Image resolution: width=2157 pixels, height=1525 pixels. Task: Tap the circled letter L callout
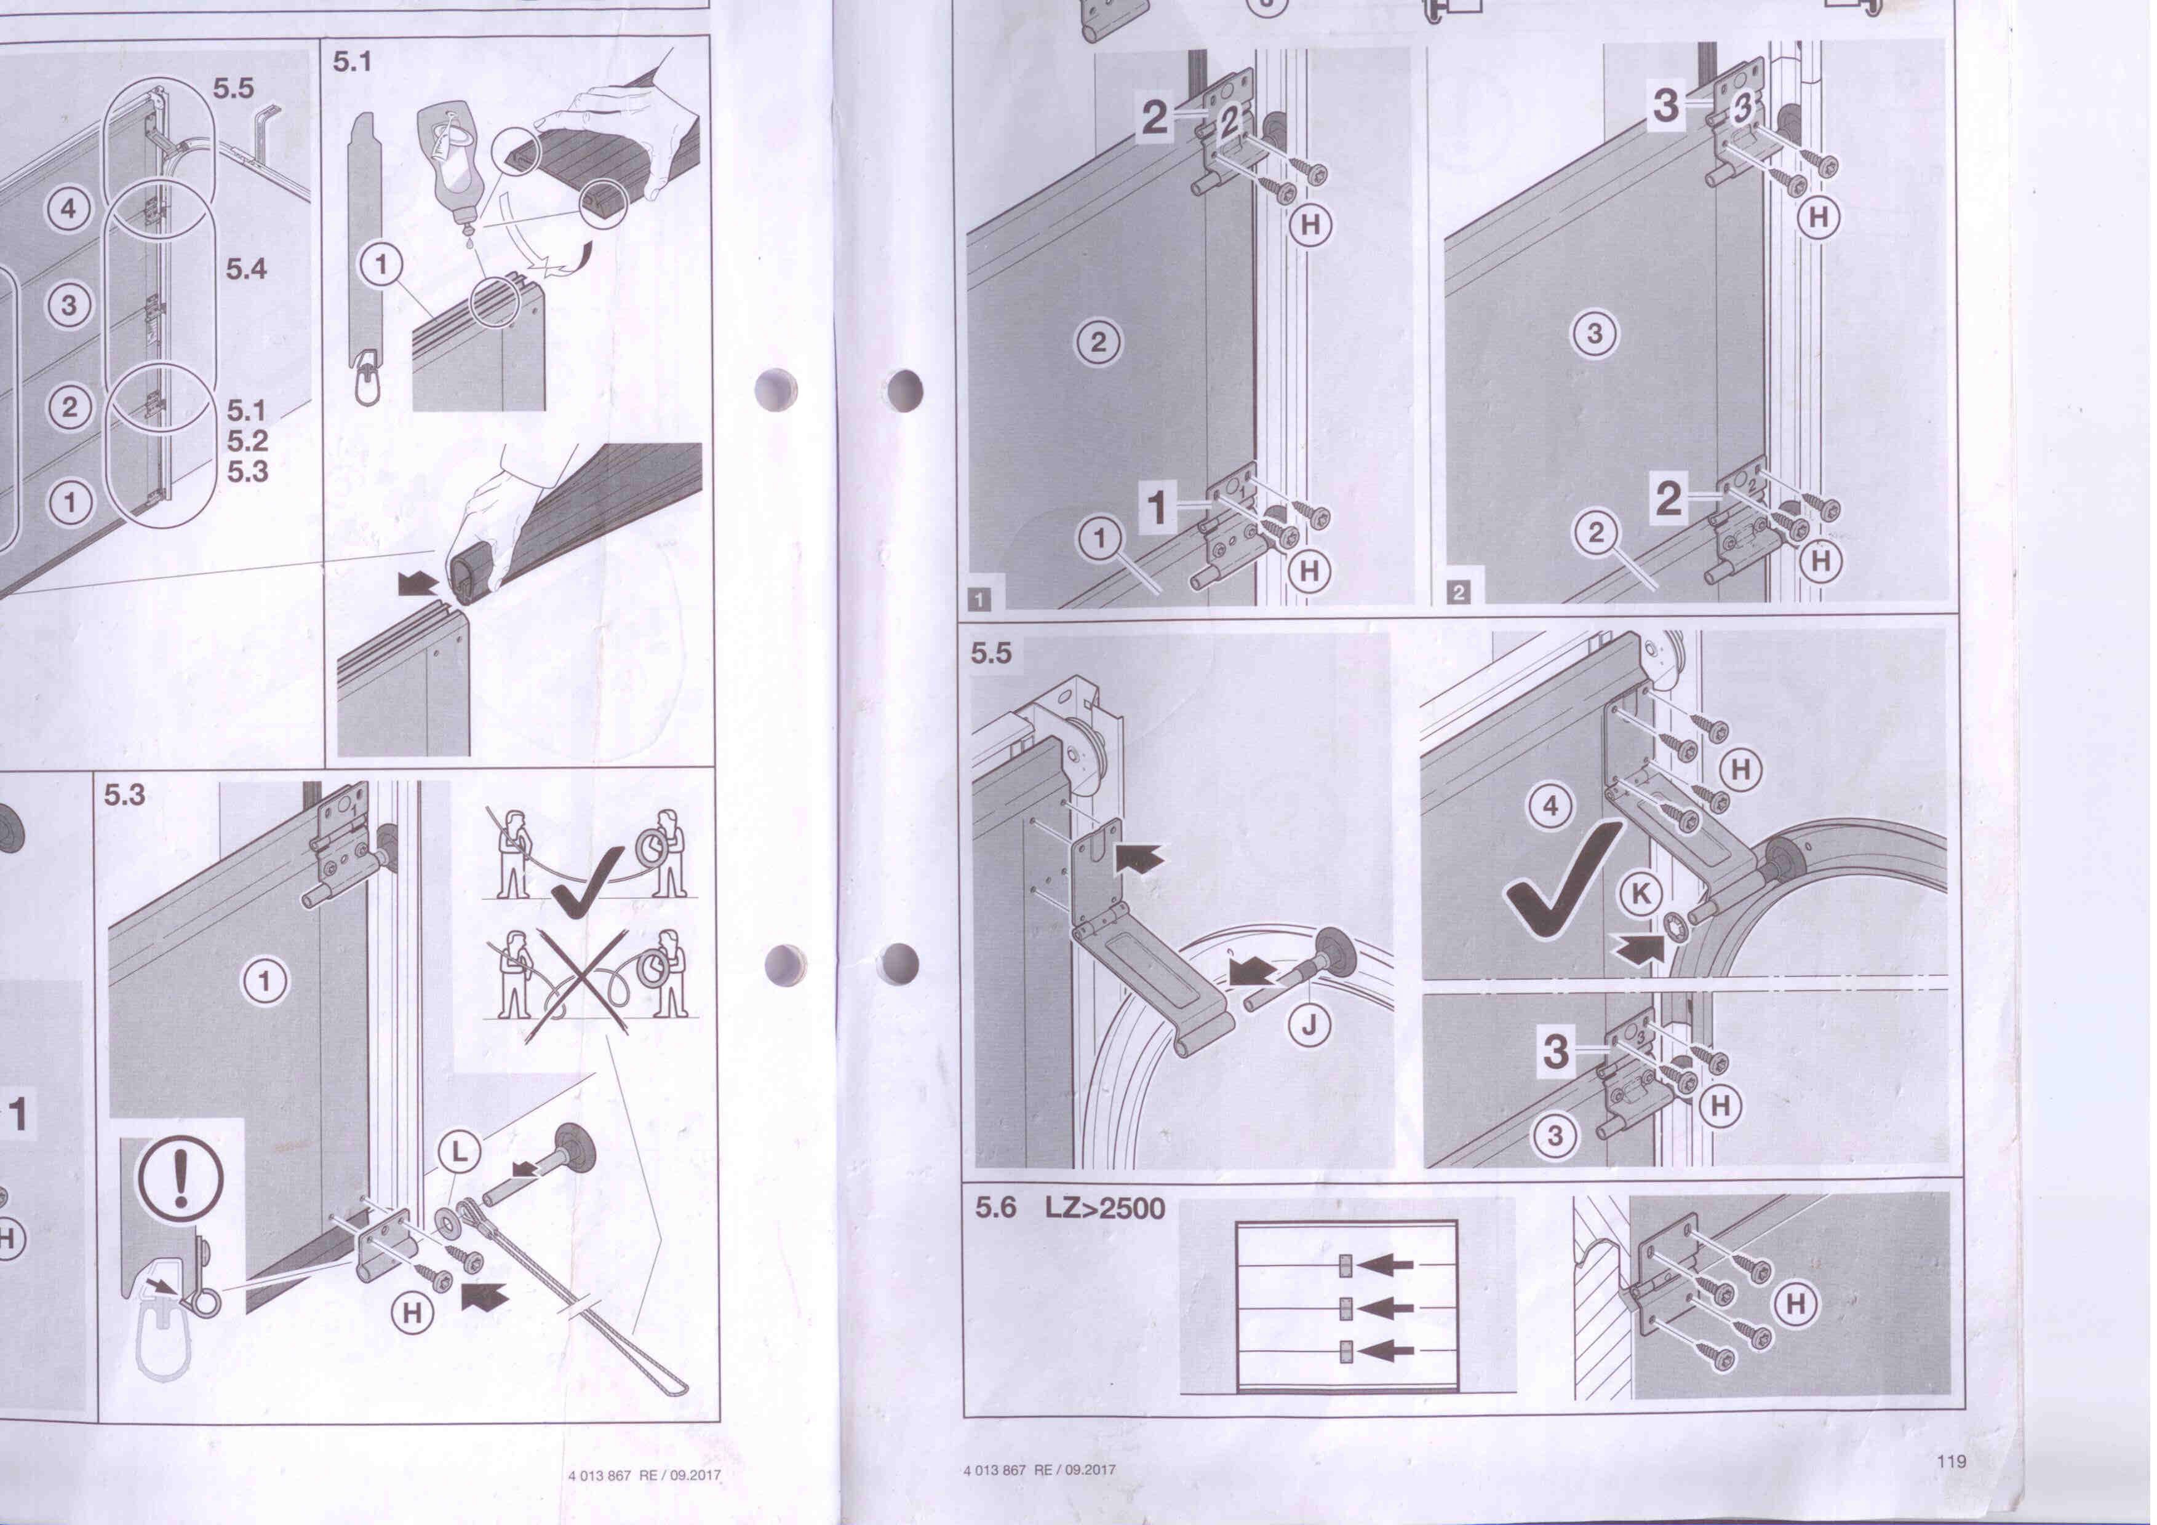(460, 1153)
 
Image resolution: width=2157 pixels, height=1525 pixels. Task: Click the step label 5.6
(996, 1208)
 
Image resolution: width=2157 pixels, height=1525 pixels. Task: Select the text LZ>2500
(1106, 1208)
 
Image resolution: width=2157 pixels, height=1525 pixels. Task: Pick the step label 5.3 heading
(125, 795)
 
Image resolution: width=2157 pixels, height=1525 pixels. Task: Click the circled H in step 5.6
(1795, 1304)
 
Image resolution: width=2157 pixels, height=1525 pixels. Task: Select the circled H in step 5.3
(412, 1313)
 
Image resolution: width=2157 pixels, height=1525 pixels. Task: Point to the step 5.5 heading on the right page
(992, 652)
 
